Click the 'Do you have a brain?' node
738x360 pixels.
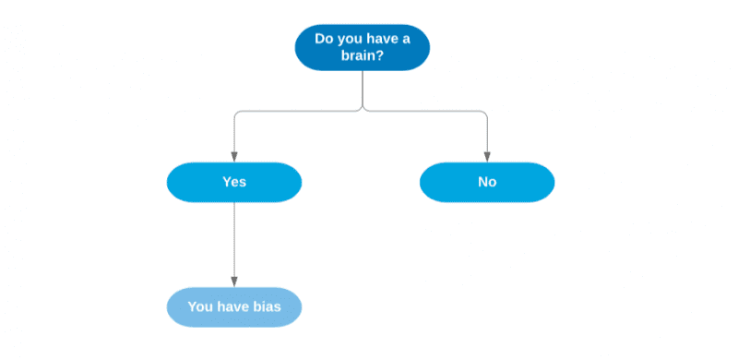[x=363, y=47]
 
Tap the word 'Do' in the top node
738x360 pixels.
[x=324, y=39]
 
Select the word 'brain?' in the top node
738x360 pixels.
[x=363, y=55]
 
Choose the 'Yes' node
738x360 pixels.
[x=234, y=182]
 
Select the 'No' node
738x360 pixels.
[x=487, y=182]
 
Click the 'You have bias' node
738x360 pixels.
[x=234, y=307]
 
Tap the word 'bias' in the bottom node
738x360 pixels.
[x=267, y=307]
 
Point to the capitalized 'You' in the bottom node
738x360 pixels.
[x=200, y=307]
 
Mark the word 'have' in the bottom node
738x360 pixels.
[x=233, y=307]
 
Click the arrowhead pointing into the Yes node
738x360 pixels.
[x=234, y=157]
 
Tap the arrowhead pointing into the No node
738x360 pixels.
[x=487, y=157]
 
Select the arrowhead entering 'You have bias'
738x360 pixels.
[x=234, y=282]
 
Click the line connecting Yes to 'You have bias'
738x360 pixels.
[x=234, y=240]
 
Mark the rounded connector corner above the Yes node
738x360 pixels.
[x=237, y=114]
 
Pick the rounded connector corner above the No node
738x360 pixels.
[x=484, y=114]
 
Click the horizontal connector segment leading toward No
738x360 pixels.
[x=424, y=112]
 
